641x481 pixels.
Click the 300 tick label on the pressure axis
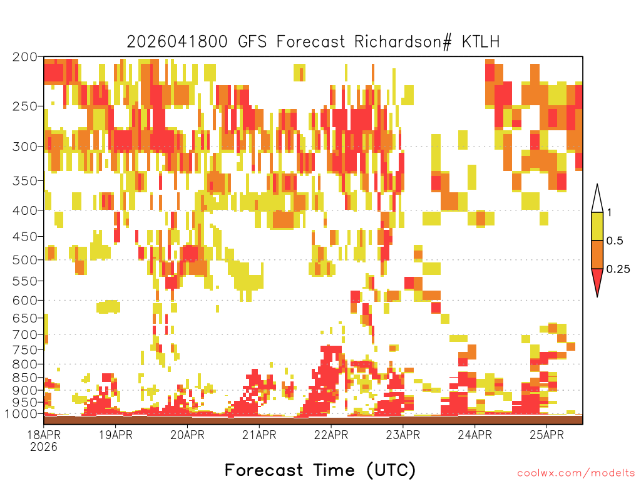(x=24, y=147)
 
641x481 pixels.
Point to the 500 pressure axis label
(x=24, y=260)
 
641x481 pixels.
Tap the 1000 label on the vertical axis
(x=21, y=413)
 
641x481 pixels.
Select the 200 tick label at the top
(x=24, y=57)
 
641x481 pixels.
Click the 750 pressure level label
(x=24, y=349)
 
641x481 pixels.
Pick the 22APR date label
(x=331, y=435)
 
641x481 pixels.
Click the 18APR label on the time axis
(x=44, y=435)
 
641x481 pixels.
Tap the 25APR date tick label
(x=546, y=435)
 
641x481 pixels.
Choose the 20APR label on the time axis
(x=187, y=435)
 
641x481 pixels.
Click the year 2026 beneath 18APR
(x=44, y=447)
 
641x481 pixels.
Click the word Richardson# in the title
(x=403, y=42)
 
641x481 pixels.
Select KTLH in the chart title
(x=481, y=42)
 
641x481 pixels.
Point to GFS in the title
(x=252, y=42)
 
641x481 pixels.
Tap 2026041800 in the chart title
(x=177, y=42)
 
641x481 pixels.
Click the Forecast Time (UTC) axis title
(x=320, y=470)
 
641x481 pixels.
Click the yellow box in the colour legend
(x=597, y=226)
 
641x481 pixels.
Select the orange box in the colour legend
(x=597, y=254)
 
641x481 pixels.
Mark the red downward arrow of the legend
(x=597, y=281)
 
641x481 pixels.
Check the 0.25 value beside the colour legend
(x=618, y=269)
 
